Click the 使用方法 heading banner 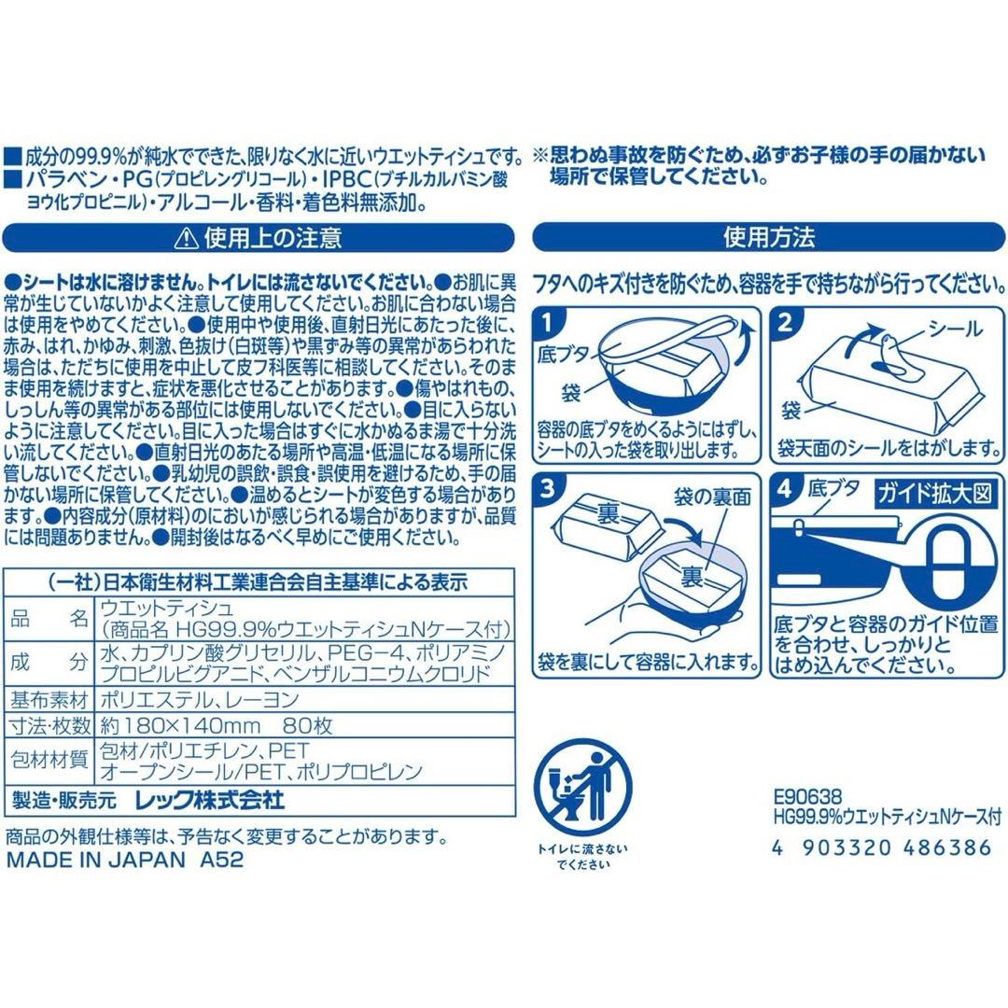pos(769,237)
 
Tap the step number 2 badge pos(786,323)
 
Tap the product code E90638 pos(808,798)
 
